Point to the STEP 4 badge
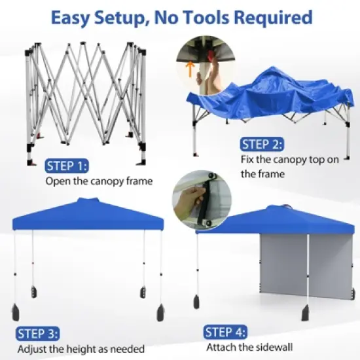click(x=230, y=332)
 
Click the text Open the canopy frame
click(x=98, y=180)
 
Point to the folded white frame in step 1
click(x=85, y=98)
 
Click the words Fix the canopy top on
click(x=281, y=160)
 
